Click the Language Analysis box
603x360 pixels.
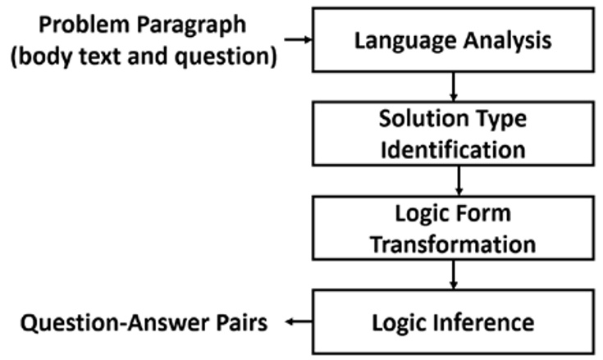[x=452, y=40]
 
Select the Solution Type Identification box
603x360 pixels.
[x=452, y=134]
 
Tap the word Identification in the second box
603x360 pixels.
[x=452, y=150]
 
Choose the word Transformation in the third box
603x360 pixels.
[x=452, y=244]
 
